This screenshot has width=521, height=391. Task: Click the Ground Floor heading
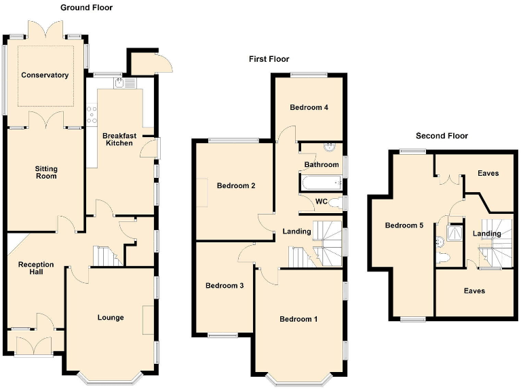[x=86, y=7]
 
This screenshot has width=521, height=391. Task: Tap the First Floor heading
[x=269, y=59]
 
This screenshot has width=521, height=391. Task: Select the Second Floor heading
[x=442, y=136]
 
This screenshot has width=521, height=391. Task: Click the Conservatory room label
[x=45, y=75]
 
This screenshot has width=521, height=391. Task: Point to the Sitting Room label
[x=46, y=172]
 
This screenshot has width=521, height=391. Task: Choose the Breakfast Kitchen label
[x=119, y=139]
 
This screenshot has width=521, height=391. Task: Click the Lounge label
[x=111, y=317]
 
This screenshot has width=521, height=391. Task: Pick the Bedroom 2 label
[x=236, y=185]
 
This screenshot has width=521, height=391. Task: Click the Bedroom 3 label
[x=225, y=286]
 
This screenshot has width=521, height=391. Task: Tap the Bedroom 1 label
[x=298, y=319]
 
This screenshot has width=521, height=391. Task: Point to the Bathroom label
[x=322, y=164]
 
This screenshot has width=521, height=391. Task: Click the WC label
[x=322, y=202]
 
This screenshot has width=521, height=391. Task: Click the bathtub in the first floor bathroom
[x=320, y=182]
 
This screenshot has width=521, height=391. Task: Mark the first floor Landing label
[x=296, y=231]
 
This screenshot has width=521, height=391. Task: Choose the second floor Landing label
[x=486, y=234]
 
